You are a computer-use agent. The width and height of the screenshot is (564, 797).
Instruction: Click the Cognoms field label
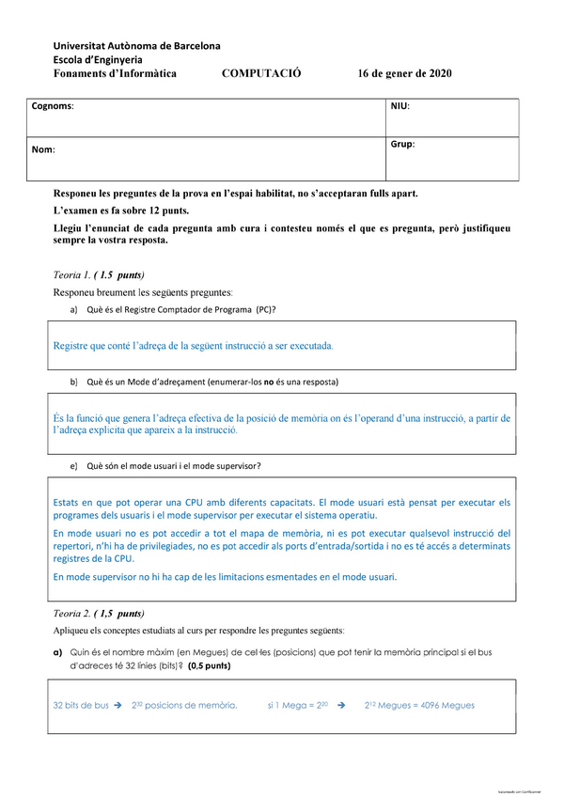point(52,106)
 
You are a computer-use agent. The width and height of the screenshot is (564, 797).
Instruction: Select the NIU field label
point(399,106)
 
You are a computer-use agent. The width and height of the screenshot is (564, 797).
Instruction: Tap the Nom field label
point(42,149)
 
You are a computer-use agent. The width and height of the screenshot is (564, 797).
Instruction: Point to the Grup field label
point(402,145)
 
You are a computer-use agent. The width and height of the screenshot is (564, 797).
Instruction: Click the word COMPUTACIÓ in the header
point(261,74)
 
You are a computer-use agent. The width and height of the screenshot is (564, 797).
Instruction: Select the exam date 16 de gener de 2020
point(404,74)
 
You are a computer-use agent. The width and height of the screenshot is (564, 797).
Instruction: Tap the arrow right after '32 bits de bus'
point(118,705)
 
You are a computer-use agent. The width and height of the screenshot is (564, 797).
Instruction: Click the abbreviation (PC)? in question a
point(266,309)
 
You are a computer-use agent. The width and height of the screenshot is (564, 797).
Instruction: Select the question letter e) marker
point(74,465)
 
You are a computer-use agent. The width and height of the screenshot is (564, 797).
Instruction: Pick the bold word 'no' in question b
point(267,383)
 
